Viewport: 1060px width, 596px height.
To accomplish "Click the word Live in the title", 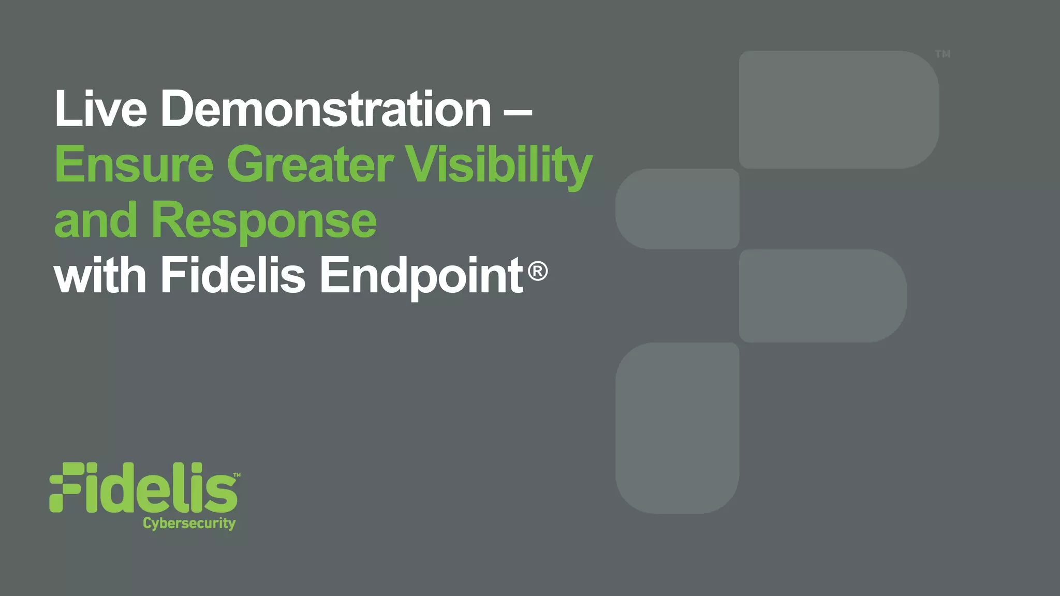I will tap(100, 109).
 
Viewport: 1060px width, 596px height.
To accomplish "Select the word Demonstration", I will tap(326, 109).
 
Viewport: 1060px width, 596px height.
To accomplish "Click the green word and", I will tap(95, 220).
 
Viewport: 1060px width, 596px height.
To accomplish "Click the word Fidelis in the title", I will tap(233, 275).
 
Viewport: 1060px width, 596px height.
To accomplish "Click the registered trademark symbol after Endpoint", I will tap(538, 271).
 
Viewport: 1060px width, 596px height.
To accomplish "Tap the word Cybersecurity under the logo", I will tap(189, 523).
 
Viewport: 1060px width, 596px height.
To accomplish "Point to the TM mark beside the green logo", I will tap(237, 474).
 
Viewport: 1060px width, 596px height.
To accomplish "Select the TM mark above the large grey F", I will tap(943, 54).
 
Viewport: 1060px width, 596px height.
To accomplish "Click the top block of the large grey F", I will tap(838, 109).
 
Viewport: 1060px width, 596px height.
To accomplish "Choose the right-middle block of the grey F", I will tap(822, 295).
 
